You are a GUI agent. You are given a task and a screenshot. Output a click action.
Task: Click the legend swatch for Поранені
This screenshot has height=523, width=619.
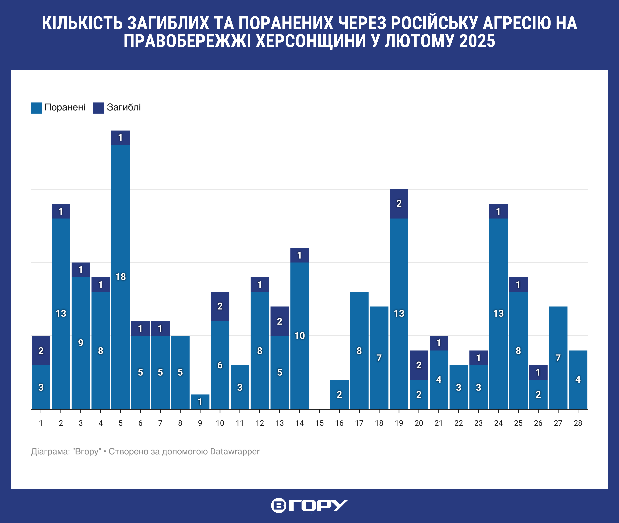[36, 108]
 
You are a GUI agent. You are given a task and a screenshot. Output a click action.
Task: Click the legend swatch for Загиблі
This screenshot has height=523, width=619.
[98, 108]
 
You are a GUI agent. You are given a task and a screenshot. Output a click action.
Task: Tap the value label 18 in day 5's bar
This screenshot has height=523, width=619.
[121, 277]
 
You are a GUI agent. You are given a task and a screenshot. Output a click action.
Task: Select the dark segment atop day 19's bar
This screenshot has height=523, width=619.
[399, 204]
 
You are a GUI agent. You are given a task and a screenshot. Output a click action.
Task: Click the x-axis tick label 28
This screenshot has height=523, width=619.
[578, 423]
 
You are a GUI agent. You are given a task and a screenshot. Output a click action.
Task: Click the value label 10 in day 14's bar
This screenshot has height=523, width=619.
[300, 336]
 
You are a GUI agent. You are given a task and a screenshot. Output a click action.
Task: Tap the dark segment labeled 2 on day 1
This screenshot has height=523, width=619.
[41, 350]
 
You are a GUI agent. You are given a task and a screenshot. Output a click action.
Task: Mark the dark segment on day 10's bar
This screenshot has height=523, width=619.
[220, 306]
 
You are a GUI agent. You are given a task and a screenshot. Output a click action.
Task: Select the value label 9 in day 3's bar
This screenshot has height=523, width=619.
[81, 343]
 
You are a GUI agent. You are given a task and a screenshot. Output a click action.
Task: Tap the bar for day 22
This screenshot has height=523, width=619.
[458, 387]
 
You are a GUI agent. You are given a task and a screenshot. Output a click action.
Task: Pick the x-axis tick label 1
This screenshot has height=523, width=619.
[41, 423]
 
